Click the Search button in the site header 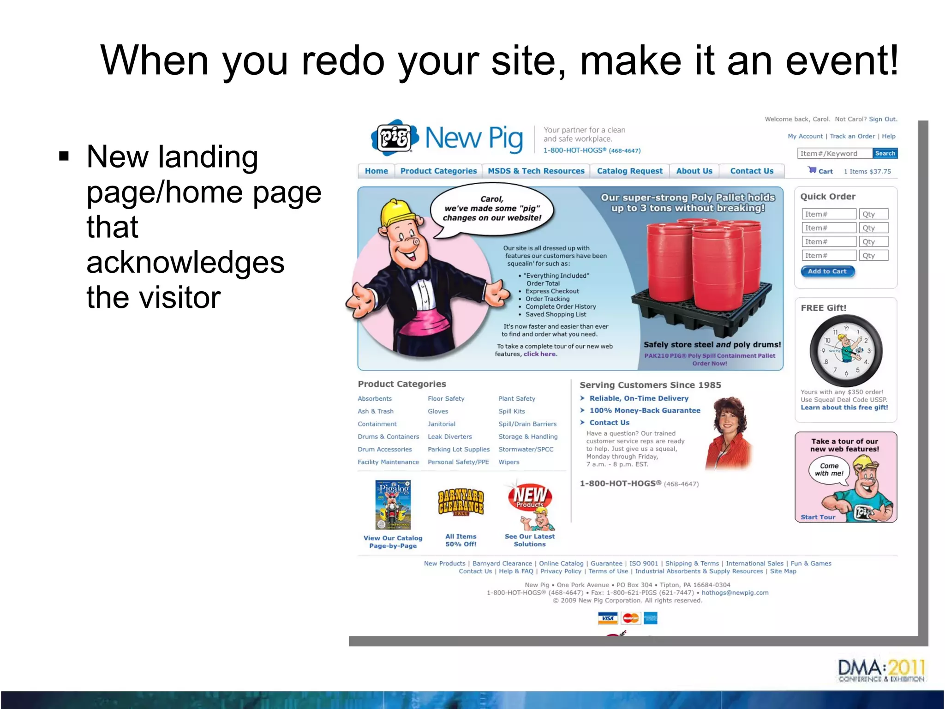pos(885,153)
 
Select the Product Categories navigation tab pos(438,171)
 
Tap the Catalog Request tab pos(629,171)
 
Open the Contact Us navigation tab pos(752,171)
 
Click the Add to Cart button pos(827,271)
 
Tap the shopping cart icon pos(812,170)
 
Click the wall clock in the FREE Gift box pos(846,351)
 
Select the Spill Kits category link pos(511,411)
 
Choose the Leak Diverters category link pos(449,437)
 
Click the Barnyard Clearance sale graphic pos(461,503)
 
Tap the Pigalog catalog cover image pos(393,505)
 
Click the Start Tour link pos(818,517)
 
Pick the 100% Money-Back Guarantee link pos(645,410)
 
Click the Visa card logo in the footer pos(608,618)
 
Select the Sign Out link pos(883,119)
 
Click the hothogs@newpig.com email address pos(735,593)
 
